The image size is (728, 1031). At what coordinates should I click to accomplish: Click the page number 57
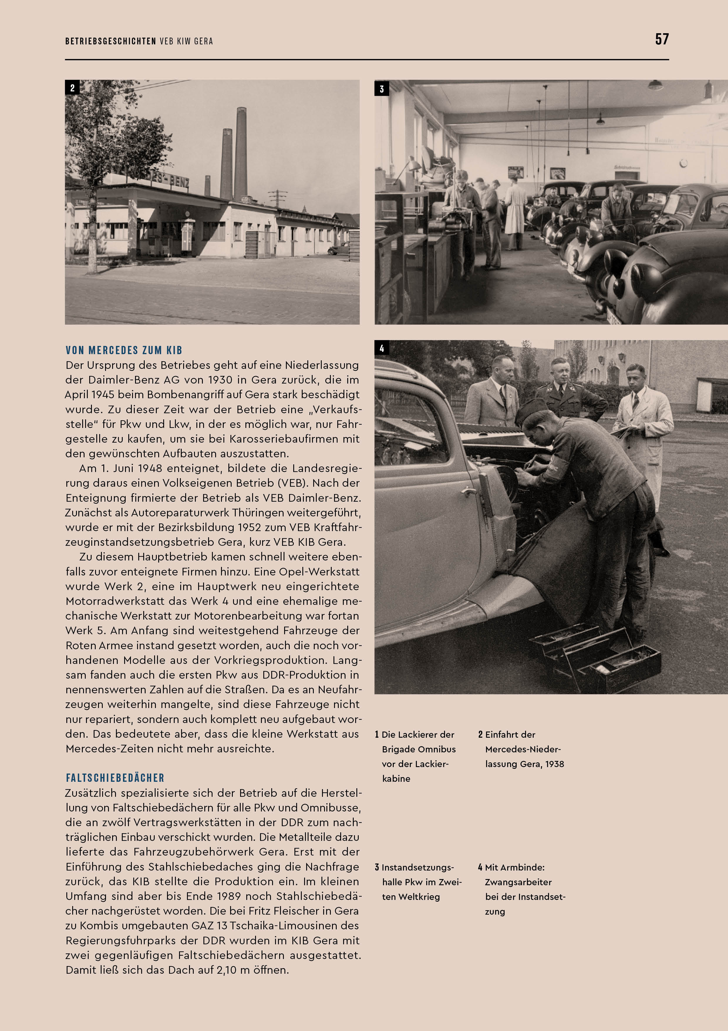[x=662, y=39]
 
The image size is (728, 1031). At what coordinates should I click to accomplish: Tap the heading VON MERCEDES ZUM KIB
[x=124, y=350]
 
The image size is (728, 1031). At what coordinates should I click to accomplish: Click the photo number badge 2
[x=72, y=88]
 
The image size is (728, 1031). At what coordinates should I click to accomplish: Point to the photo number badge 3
[x=382, y=88]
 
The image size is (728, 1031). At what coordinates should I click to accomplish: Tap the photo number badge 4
[x=382, y=348]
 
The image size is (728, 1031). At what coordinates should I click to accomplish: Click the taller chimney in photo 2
[x=241, y=153]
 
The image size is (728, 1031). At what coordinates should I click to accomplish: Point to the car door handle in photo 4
[x=469, y=492]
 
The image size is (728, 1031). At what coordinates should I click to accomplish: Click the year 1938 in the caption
[x=555, y=764]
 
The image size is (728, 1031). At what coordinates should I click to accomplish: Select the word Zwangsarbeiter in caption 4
[x=518, y=882]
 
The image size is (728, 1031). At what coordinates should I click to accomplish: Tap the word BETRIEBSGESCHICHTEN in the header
[x=110, y=41]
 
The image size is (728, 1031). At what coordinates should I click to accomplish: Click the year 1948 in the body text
[x=149, y=468]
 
